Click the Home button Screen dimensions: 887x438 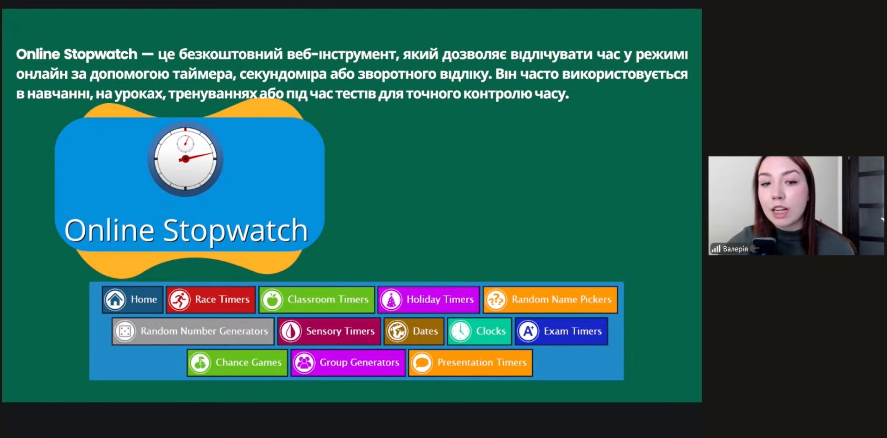click(x=132, y=300)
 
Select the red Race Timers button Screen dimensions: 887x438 click(x=211, y=300)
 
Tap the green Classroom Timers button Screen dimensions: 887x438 click(x=317, y=300)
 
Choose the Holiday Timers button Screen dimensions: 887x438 click(x=429, y=300)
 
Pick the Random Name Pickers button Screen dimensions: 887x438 click(x=550, y=300)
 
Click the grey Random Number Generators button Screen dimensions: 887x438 click(x=193, y=331)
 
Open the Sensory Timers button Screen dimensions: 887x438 click(x=329, y=331)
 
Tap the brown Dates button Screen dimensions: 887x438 click(x=414, y=331)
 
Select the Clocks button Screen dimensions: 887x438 click(x=480, y=331)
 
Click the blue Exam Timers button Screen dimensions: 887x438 click(x=562, y=331)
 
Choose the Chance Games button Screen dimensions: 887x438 click(x=237, y=363)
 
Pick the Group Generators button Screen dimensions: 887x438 click(x=348, y=363)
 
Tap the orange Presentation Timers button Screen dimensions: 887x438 click(x=470, y=363)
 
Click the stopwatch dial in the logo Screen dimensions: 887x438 click(x=185, y=159)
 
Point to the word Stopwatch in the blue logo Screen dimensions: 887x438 click(x=236, y=230)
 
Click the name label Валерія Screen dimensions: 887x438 click(x=735, y=249)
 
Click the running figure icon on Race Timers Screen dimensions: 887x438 click(x=179, y=300)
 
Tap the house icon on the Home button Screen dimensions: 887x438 click(x=115, y=300)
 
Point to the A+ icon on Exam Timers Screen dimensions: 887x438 click(x=528, y=331)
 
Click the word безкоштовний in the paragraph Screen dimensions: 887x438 click(x=231, y=54)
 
